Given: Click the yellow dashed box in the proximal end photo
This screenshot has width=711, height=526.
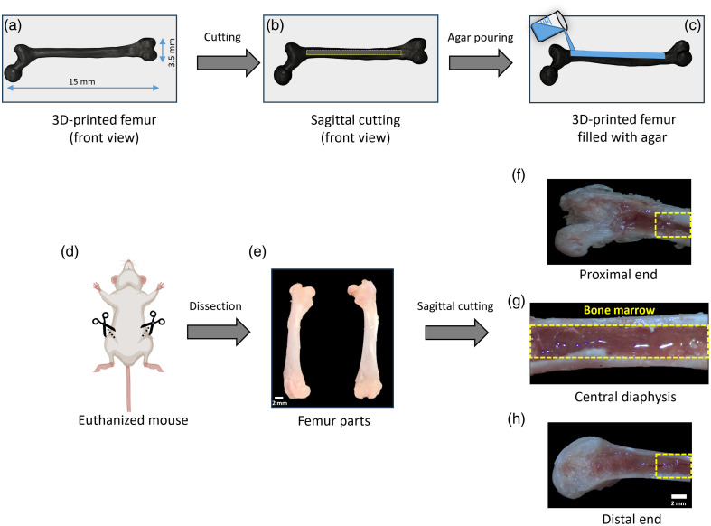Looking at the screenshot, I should click(672, 223).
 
